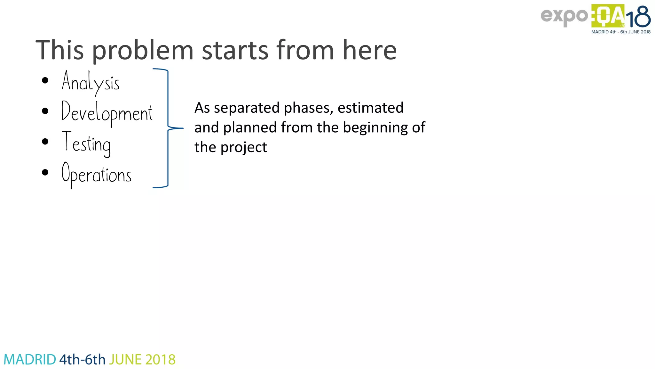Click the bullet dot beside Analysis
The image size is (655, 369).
coord(45,80)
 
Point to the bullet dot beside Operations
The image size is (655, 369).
coord(45,173)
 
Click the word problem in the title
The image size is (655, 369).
coord(143,51)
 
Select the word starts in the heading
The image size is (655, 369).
coord(235,51)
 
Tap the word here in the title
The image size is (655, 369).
coord(369,51)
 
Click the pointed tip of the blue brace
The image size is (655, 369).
coord(183,128)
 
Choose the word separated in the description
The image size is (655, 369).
coord(247,108)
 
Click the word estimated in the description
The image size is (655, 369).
coord(370,108)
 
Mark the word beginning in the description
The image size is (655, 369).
coord(375,128)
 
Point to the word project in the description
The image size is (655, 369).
coord(244,148)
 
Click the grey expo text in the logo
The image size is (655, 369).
coord(564,16)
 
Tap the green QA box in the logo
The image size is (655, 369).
coord(607,16)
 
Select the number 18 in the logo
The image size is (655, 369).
coord(638,17)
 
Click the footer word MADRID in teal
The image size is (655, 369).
coord(30,360)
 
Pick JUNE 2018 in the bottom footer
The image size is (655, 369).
coord(142,360)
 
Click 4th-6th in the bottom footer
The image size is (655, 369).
coord(83,360)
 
